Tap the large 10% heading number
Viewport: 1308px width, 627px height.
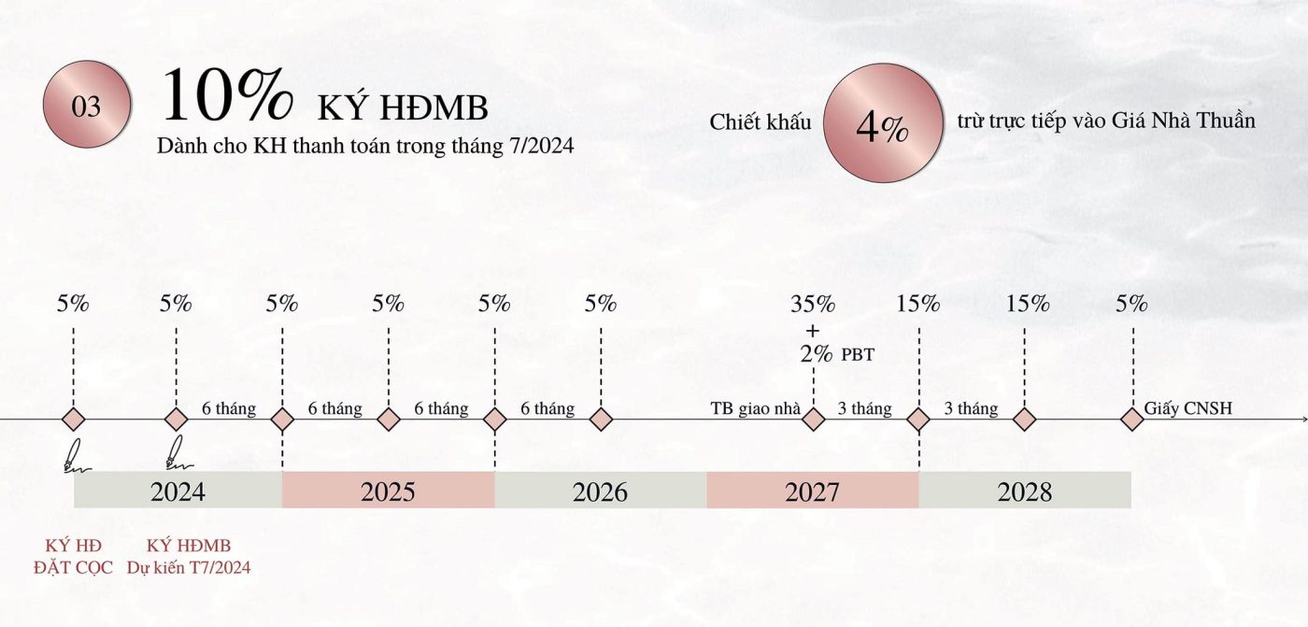tap(227, 96)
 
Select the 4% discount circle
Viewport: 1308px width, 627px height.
tap(881, 122)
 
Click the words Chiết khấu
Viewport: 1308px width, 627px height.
tap(761, 122)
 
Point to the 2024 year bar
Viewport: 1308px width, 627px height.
tap(178, 491)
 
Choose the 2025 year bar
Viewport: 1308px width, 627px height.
tap(388, 491)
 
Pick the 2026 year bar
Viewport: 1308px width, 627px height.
tap(601, 491)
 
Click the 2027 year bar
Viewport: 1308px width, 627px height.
tap(813, 491)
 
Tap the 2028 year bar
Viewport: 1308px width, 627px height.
tap(1025, 491)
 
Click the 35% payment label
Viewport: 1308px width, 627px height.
tap(813, 304)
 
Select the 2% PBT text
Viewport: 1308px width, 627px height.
tap(837, 354)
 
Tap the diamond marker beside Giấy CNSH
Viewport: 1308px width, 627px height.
tap(1132, 420)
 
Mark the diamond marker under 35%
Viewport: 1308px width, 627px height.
tap(814, 420)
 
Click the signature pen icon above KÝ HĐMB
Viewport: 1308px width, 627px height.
tap(175, 452)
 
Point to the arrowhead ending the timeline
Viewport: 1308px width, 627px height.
tap(1301, 420)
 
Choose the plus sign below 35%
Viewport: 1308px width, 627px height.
tap(813, 330)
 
